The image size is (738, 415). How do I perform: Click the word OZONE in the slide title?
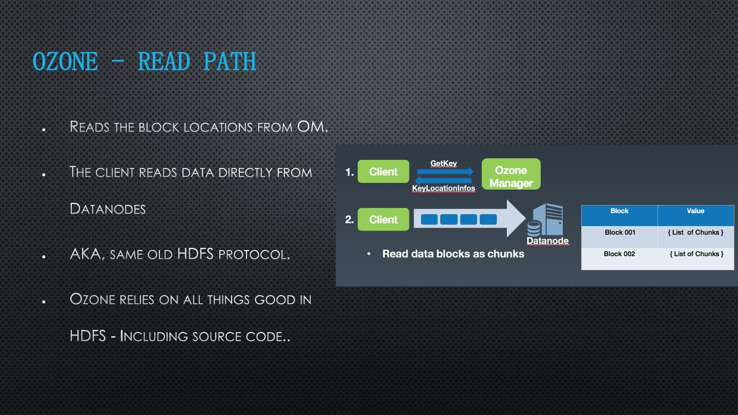(65, 62)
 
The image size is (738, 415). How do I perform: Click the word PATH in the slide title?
(230, 62)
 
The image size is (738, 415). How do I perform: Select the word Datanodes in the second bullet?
(108, 209)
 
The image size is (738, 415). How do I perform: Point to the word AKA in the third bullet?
(86, 254)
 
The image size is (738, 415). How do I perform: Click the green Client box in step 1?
(383, 172)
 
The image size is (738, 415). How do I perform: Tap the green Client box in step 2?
(383, 219)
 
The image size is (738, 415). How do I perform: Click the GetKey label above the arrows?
(444, 163)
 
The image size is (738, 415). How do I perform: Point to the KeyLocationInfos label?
(444, 189)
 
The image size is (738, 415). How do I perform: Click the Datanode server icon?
(547, 219)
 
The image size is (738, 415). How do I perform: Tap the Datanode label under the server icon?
(547, 241)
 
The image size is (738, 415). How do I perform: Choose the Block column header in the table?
(619, 211)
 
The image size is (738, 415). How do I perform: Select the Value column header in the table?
(695, 211)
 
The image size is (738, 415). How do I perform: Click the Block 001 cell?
(620, 233)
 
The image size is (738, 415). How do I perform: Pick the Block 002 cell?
(619, 254)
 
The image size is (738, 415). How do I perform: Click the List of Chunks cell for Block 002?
(696, 254)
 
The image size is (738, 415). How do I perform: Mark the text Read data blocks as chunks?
(453, 254)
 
